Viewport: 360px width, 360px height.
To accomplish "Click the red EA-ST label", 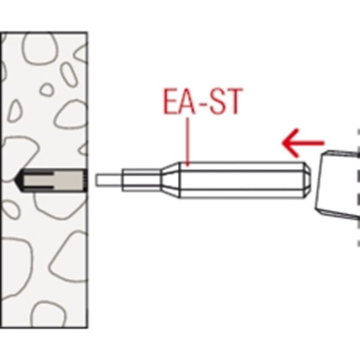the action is pos(203,102).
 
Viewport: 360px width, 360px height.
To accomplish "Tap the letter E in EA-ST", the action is pos(171,102).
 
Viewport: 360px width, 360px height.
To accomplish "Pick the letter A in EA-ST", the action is pos(188,102).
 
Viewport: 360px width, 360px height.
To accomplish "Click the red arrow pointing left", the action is pos(303,143).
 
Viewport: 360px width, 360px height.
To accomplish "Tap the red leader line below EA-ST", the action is pos(189,142).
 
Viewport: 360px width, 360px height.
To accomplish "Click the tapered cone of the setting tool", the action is pos(170,180).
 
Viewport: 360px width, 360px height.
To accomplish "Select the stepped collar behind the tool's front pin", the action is pos(141,180).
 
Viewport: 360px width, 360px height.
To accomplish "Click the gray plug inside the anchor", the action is pos(56,180).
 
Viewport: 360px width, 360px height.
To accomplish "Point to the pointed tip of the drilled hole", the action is pos(15,180).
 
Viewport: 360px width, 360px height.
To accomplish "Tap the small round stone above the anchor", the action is pos(47,90).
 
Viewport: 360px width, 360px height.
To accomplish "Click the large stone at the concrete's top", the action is pos(41,48).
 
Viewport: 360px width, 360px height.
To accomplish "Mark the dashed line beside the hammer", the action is pos(359,188).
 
